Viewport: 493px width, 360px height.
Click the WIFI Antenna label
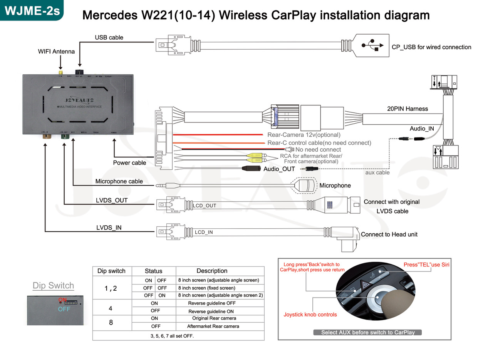(56, 51)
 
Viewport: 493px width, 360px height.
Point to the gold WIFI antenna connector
(60, 73)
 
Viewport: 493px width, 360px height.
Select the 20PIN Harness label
(407, 109)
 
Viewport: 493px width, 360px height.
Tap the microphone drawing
(306, 185)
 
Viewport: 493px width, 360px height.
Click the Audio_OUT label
(279, 169)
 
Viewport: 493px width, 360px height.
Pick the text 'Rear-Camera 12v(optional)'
(304, 135)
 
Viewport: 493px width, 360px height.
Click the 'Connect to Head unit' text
(389, 234)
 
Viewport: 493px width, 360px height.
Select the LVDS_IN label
(109, 228)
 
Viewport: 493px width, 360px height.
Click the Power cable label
(129, 162)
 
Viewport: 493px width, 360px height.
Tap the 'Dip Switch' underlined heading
(53, 286)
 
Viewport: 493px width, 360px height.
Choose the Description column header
(212, 271)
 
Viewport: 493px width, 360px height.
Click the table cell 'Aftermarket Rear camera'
(213, 326)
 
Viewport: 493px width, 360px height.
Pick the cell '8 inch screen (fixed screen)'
(206, 288)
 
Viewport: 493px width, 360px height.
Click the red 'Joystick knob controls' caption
(310, 315)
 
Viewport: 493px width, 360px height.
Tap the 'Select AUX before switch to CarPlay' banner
(368, 332)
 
